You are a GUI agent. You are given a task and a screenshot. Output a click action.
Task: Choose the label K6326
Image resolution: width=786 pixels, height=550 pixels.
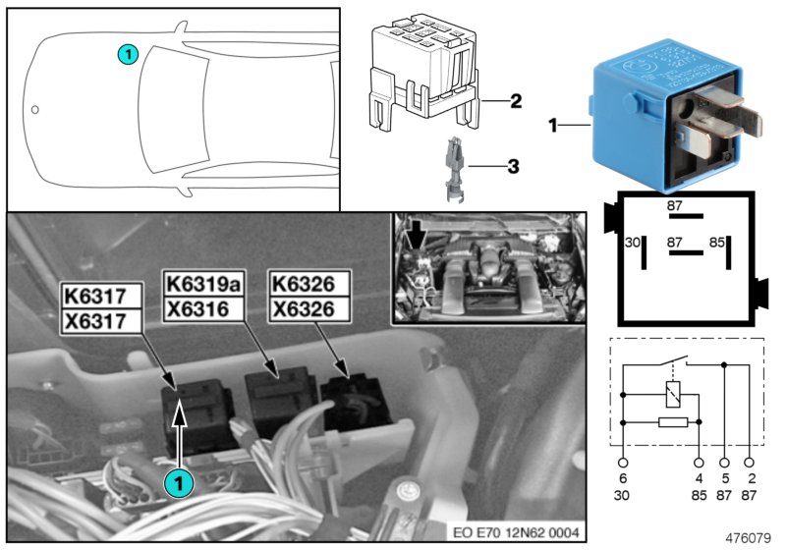point(309,284)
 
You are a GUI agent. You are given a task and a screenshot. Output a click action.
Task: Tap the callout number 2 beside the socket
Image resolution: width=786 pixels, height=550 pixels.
point(516,100)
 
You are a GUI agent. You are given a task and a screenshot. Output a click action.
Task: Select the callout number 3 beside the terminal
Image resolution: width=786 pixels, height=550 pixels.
point(512,167)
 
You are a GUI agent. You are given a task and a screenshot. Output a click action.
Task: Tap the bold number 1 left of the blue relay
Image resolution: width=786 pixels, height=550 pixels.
point(552,126)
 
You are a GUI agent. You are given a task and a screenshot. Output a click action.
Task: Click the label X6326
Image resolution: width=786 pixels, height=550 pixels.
point(309,308)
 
